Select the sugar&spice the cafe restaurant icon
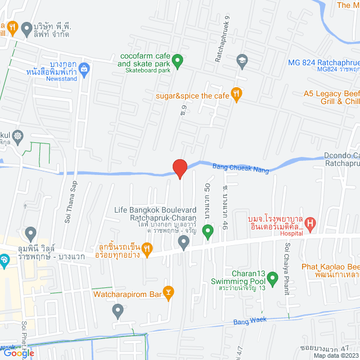coord(237,96)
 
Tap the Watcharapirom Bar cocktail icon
coord(169,292)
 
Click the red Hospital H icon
coord(311,224)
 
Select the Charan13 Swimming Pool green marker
coord(273,278)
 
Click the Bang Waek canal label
coord(249,322)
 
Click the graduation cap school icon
coord(242,59)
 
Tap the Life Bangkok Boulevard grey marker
coord(183,242)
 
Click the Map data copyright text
coord(336,355)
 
